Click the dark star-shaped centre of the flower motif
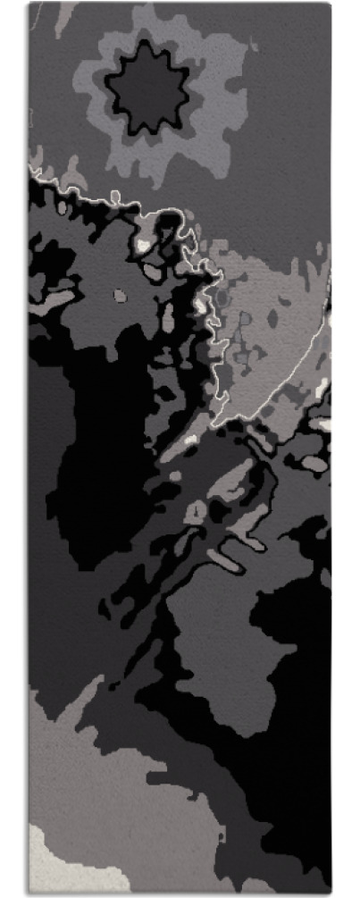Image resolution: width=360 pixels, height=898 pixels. (x=148, y=88)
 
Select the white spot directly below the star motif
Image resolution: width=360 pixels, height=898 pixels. (x=144, y=243)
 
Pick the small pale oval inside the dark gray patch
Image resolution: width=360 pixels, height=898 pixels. (x=120, y=296)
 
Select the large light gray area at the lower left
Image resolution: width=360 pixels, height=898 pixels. (x=125, y=786)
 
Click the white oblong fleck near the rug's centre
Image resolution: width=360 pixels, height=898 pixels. (x=189, y=439)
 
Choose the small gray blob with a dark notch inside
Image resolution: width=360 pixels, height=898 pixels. (x=196, y=512)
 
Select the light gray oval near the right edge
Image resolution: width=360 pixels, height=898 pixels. (x=314, y=463)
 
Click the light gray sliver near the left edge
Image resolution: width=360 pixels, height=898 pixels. (x=54, y=304)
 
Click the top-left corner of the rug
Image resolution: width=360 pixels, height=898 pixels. (x=29, y=4)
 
